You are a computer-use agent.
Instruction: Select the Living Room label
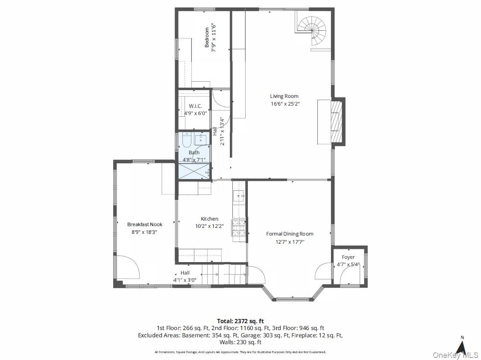tap(284, 96)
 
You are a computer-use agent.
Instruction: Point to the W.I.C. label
tap(195, 106)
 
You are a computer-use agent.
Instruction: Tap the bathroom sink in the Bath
tap(201, 139)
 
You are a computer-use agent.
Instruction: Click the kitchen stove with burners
tap(239, 228)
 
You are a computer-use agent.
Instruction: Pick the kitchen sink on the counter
tap(239, 195)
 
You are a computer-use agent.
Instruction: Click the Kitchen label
tap(209, 219)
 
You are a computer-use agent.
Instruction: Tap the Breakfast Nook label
tap(145, 224)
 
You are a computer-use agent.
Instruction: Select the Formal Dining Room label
tap(290, 234)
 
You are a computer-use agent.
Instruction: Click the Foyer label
tap(348, 257)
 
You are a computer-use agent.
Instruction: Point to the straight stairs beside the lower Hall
tap(224, 274)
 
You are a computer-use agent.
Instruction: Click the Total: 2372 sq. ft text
tap(240, 322)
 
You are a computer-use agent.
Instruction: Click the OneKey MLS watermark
tap(455, 355)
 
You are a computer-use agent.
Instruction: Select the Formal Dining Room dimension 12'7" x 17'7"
tap(290, 242)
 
